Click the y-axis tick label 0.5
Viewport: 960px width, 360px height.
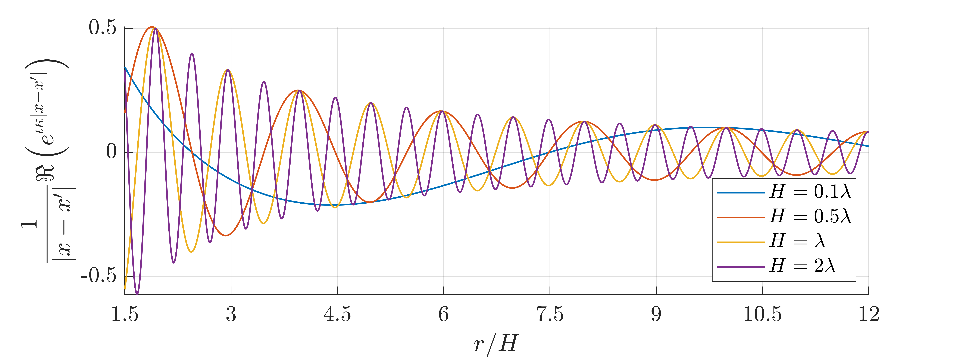point(103,28)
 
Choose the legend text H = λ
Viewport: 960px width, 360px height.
point(798,241)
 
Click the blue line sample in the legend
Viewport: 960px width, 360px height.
point(741,192)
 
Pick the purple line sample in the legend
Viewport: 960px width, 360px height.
point(741,267)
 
